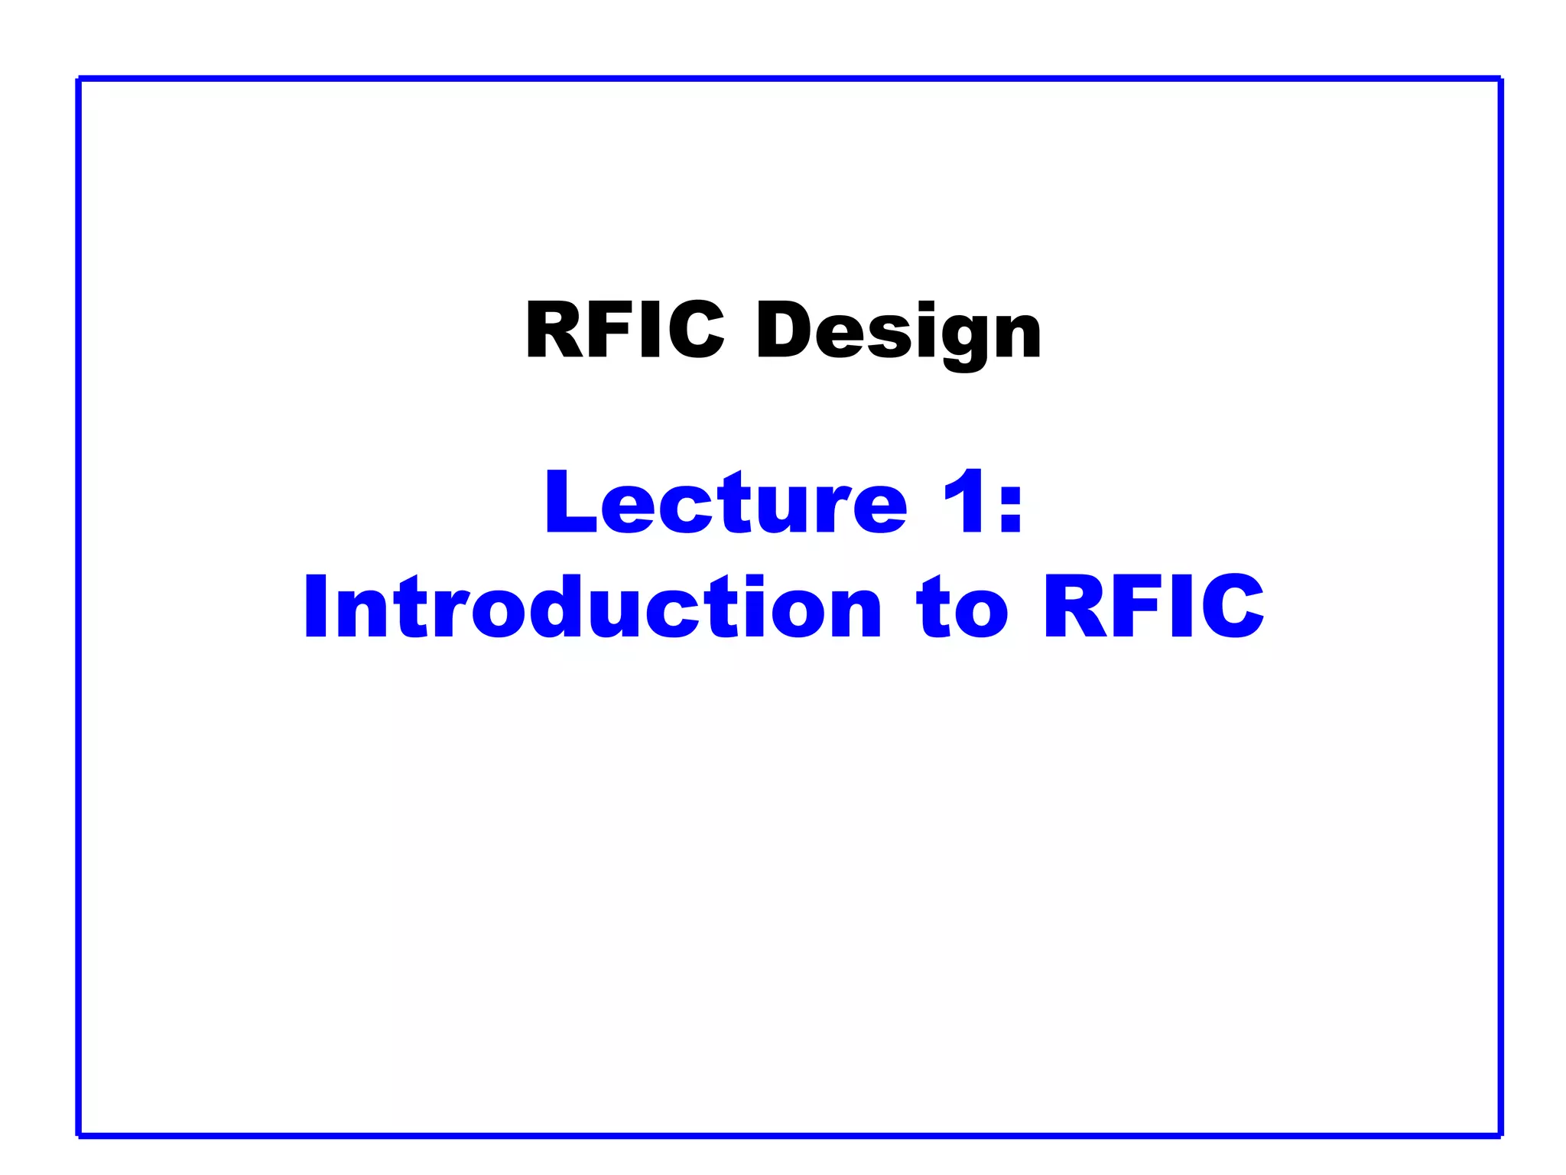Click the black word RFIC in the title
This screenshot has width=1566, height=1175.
click(x=624, y=330)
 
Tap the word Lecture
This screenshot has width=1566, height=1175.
click(x=726, y=503)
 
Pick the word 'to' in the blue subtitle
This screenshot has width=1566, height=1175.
click(x=962, y=608)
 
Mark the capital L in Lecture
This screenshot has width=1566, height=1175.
click(x=569, y=503)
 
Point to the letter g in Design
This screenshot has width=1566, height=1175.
click(x=948, y=337)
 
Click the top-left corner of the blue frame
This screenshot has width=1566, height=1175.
click(x=80, y=79)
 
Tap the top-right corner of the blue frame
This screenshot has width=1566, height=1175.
click(x=1500, y=79)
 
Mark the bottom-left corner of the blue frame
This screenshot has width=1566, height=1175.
click(x=80, y=1134)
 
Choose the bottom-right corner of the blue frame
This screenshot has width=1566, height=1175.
click(x=1500, y=1134)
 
